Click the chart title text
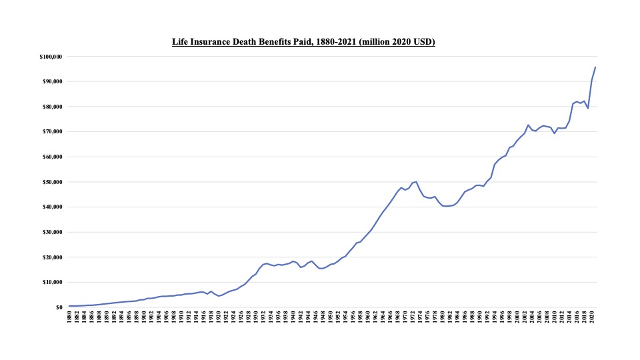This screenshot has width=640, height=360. coord(303,43)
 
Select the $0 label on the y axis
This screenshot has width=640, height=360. coord(59,307)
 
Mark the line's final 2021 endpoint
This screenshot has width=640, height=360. coord(595,67)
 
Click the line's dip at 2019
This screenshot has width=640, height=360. coord(587,109)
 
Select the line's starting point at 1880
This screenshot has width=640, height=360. coord(69,306)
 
